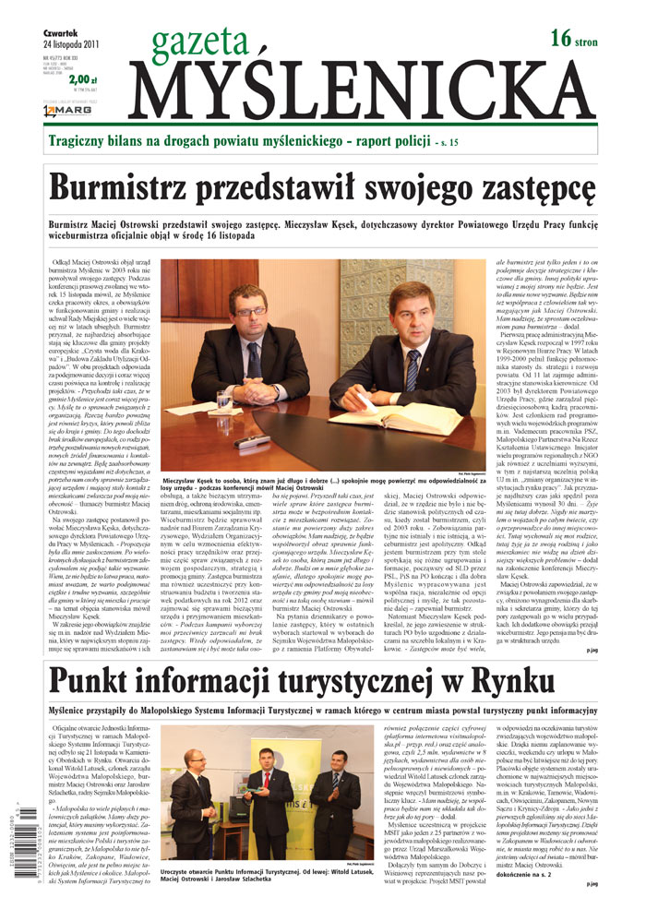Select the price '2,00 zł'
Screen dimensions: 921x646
[82, 81]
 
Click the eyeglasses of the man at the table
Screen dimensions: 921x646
[250, 312]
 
